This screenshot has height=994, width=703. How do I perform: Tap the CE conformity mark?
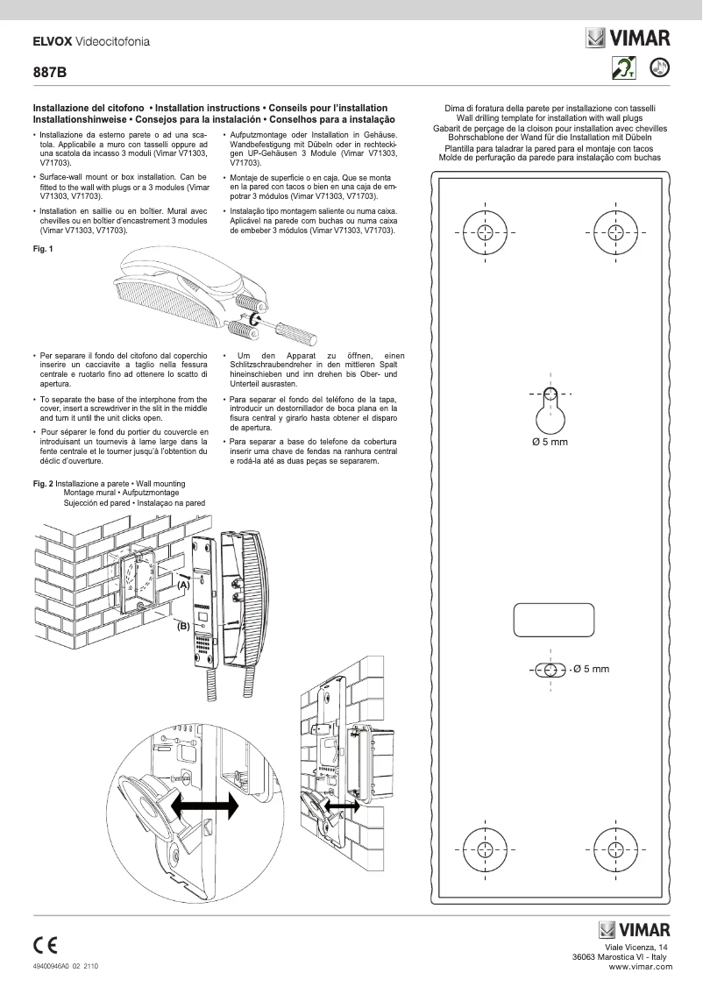click(46, 945)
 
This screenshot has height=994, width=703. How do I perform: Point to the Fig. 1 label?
click(43, 249)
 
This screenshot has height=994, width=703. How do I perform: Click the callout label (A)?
click(183, 584)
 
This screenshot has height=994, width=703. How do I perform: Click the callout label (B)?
click(183, 626)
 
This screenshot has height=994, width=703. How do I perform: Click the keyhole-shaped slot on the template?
click(550, 414)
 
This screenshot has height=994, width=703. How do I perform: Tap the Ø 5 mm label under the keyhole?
click(550, 442)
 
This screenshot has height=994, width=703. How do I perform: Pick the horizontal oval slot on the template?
click(550, 670)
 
